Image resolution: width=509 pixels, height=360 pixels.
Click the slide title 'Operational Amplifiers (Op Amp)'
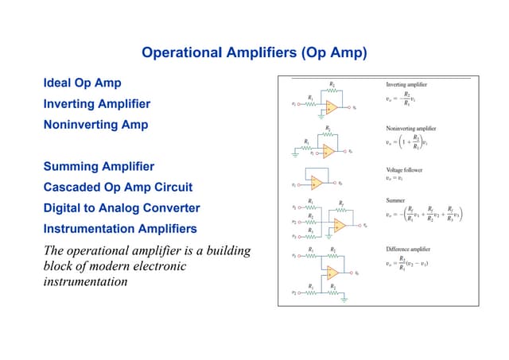click(x=254, y=53)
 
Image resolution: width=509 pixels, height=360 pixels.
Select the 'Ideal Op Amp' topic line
click(x=83, y=83)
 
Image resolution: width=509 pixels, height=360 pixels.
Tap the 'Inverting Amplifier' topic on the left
click(x=96, y=104)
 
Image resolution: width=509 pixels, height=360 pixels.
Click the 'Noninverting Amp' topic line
click(x=95, y=125)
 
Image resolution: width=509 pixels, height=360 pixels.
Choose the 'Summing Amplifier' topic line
click(x=99, y=167)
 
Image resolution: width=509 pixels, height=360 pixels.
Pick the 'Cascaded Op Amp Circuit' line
click(x=118, y=188)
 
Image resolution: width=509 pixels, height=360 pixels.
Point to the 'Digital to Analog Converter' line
click(x=122, y=208)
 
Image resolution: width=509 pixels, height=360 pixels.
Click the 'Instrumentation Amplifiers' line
click(x=120, y=229)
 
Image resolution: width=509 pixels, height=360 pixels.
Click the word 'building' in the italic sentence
click(x=226, y=250)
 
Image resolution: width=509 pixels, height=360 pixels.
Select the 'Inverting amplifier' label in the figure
click(x=406, y=84)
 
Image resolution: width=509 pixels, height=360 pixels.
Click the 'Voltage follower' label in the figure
click(x=404, y=170)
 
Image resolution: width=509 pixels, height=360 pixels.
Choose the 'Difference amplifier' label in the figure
click(x=409, y=248)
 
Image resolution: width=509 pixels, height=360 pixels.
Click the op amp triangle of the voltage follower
click(x=317, y=184)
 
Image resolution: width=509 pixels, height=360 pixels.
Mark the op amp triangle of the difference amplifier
click(x=332, y=273)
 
